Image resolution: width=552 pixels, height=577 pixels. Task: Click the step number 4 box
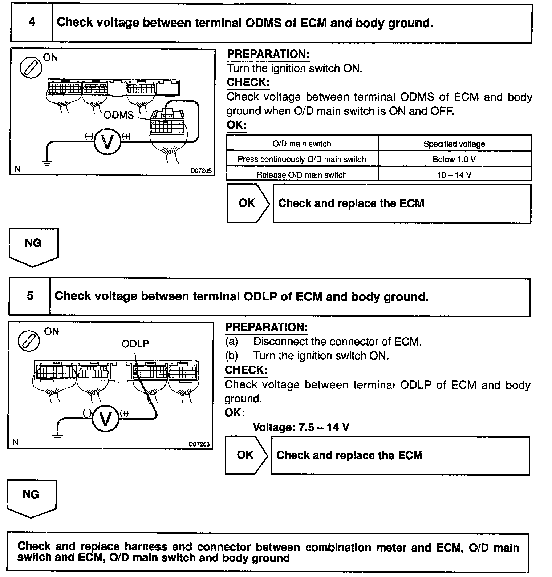(32, 23)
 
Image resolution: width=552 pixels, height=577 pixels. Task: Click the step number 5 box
(30, 296)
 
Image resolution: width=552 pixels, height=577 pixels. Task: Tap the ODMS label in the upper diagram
(119, 115)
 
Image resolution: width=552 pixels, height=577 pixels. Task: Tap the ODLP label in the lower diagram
(135, 344)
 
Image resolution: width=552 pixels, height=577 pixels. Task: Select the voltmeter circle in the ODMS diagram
(107, 142)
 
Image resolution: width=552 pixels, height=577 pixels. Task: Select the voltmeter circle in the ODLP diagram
(105, 419)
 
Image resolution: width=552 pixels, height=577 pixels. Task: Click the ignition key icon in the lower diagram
(29, 340)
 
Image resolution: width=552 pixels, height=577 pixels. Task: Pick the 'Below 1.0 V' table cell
(454, 159)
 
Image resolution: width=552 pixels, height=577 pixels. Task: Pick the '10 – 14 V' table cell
(454, 175)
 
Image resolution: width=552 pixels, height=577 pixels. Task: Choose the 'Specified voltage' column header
(454, 144)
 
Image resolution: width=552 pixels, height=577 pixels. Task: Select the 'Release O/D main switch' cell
(302, 175)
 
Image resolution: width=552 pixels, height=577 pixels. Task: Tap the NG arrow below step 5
(31, 497)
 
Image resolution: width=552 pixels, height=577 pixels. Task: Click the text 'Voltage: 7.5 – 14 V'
(301, 427)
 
